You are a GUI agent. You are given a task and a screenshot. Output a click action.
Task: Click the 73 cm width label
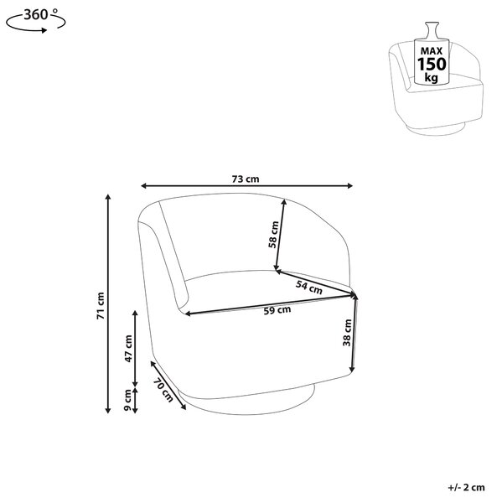[x=246, y=179]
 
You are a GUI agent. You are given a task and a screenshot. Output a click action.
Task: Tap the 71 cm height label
[x=101, y=306]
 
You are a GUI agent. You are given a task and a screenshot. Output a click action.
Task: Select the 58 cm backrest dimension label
[x=273, y=235]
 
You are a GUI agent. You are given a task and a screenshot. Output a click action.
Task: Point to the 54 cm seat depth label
[x=309, y=287]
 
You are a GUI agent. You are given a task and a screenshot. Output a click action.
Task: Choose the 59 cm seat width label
[x=277, y=310]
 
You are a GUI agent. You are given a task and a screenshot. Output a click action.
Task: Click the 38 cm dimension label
[x=347, y=333]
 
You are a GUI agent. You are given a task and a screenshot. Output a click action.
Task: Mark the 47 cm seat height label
[x=128, y=349]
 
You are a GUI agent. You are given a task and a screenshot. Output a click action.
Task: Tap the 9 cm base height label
[x=127, y=401]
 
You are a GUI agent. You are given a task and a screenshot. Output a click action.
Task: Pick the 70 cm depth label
[x=163, y=390]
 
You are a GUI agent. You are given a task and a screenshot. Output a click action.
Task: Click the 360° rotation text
[x=41, y=14]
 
